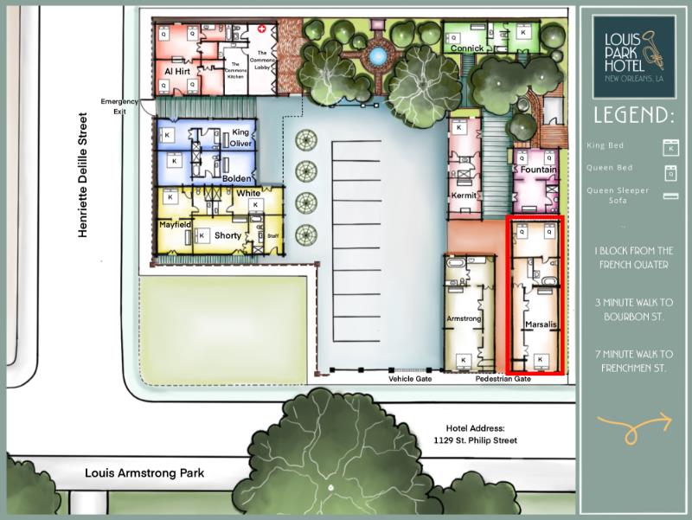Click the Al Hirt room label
177,71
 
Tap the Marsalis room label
541,325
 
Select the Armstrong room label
463,319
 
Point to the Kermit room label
465,196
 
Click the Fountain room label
539,170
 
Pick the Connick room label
467,48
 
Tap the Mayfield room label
175,224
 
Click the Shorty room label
227,235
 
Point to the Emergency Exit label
119,106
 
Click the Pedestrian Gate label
503,379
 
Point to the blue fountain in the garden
376,56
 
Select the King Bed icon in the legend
669,145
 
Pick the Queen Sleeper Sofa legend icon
669,196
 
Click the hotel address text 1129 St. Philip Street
475,440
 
